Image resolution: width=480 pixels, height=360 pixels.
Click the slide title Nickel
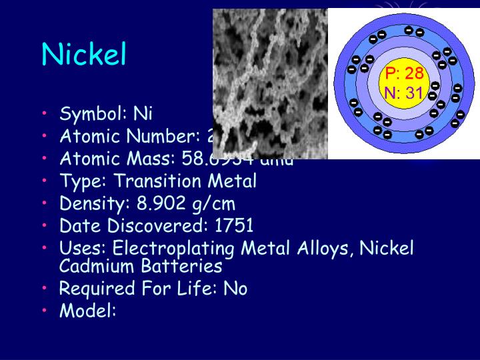point(83,55)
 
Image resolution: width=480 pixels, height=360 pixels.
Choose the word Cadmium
point(97,266)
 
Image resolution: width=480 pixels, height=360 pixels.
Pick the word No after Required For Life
point(237,289)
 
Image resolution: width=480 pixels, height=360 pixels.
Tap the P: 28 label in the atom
point(404,73)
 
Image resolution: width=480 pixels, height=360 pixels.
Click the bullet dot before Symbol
point(45,114)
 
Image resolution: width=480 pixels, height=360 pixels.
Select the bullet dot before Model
point(45,311)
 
